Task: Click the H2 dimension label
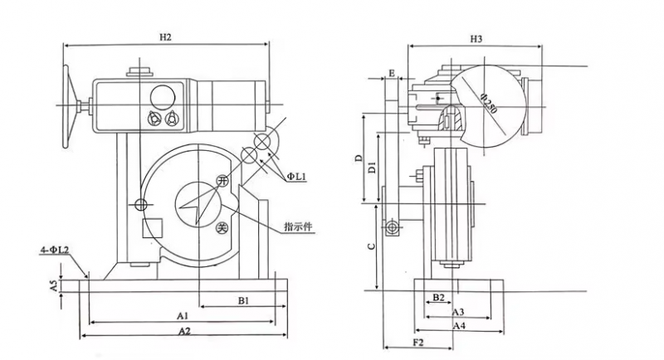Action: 165,37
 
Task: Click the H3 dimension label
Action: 476,39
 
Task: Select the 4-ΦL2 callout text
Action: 52,249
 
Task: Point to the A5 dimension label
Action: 53,285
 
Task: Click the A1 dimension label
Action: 183,316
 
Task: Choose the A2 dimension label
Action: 183,331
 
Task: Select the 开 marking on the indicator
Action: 221,182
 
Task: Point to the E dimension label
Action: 389,73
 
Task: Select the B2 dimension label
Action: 439,297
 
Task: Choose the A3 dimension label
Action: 457,312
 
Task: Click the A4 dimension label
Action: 457,327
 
